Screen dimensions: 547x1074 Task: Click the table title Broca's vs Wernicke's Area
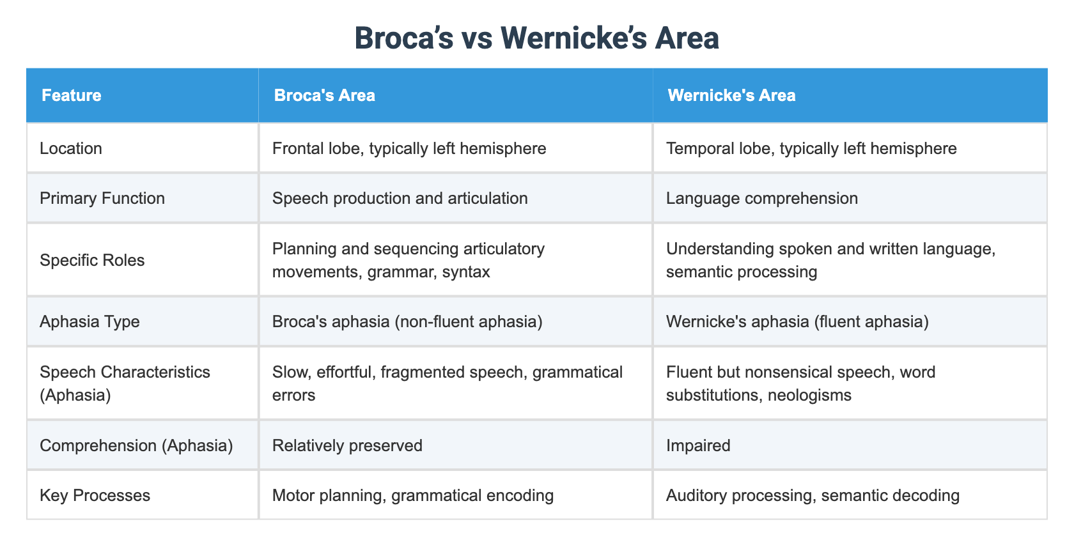coord(536,38)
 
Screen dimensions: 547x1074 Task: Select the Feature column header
coord(72,95)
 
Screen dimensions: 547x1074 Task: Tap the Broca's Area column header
coord(324,95)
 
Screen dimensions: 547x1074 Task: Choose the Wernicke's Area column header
coord(731,95)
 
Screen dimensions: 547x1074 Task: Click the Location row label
coord(71,148)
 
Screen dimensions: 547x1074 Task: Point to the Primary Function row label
coord(102,198)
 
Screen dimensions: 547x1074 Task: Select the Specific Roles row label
coord(92,260)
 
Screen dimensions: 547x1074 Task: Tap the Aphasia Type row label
coord(89,321)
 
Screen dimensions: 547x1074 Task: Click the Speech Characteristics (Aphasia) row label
coord(125,383)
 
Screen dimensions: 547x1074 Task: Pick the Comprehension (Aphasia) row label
coord(136,445)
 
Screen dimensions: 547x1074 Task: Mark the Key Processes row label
coord(95,495)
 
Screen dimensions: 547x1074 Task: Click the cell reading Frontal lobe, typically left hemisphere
coord(409,148)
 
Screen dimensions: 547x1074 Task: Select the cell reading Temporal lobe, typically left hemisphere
coord(811,148)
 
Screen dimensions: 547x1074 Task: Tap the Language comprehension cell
coord(762,198)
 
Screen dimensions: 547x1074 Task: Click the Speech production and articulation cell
coord(400,198)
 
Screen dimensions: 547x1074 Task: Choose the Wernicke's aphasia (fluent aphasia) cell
coord(797,321)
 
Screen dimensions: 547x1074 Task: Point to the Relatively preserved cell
coord(347,445)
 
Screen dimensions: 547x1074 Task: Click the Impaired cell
coord(698,445)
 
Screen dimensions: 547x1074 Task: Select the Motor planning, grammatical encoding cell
coord(413,495)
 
